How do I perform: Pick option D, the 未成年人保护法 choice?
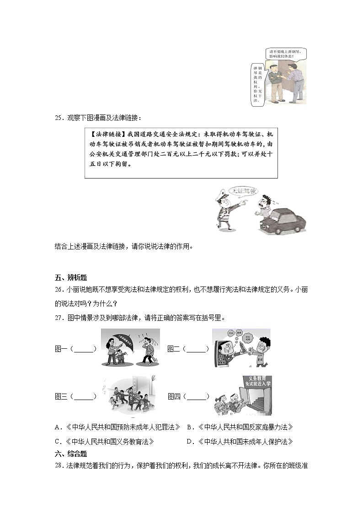click(x=240, y=442)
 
